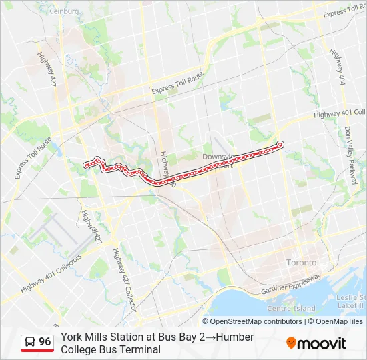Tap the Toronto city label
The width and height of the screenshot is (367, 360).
(x=302, y=263)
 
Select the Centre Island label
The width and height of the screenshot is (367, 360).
(x=291, y=308)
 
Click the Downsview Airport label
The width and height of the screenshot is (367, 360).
(x=218, y=161)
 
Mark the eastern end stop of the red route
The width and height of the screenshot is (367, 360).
(x=280, y=144)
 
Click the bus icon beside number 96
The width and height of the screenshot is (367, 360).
(x=29, y=342)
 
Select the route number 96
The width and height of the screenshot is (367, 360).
(x=45, y=342)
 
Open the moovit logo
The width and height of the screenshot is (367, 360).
(x=316, y=343)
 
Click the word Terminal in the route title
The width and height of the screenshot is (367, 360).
(x=140, y=349)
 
